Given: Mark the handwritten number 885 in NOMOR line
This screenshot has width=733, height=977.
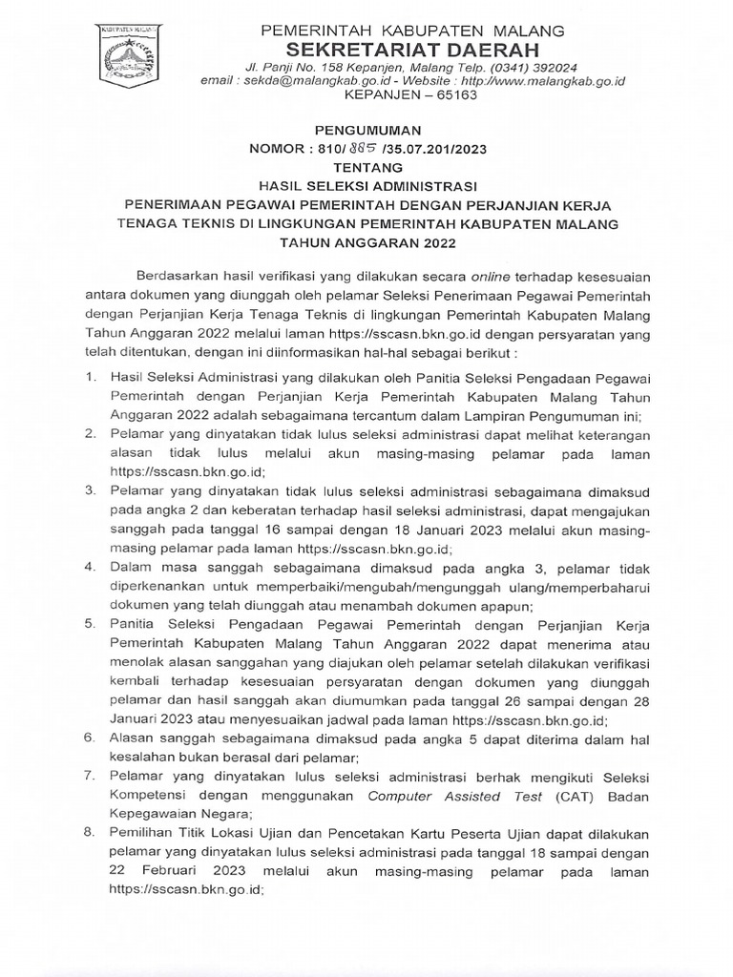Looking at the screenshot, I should click(x=360, y=148).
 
